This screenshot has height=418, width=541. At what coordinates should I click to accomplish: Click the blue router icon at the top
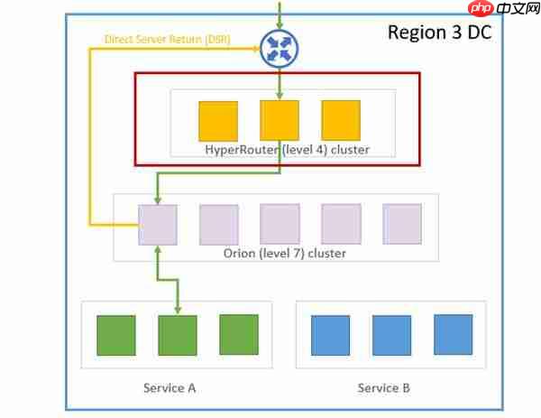coord(280,49)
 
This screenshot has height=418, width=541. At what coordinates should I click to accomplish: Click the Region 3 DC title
coord(439,33)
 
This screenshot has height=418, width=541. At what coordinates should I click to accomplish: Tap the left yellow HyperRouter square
coord(218,120)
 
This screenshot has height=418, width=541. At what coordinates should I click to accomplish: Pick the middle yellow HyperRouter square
coord(280,120)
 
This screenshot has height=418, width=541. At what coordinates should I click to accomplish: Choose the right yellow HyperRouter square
coord(341,120)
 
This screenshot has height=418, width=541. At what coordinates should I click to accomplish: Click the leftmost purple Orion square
coord(158,224)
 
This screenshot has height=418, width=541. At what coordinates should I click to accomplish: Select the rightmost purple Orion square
coord(402,224)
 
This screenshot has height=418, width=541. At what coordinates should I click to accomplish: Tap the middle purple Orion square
coord(280,224)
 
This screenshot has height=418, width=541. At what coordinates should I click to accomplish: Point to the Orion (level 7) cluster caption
coord(284,254)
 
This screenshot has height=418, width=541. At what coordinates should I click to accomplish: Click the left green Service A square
coord(116,335)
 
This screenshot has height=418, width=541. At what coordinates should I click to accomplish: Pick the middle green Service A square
coord(178,335)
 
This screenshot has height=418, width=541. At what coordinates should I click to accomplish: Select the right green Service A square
coord(238,334)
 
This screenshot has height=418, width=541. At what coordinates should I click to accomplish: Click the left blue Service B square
coord(330,335)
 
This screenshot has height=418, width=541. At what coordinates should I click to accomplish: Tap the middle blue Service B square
coord(391,335)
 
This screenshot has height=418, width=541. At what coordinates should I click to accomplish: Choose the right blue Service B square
coord(453,334)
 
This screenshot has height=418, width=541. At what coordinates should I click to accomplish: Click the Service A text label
coord(170,388)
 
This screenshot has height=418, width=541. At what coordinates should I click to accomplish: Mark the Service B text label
coord(384,388)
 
